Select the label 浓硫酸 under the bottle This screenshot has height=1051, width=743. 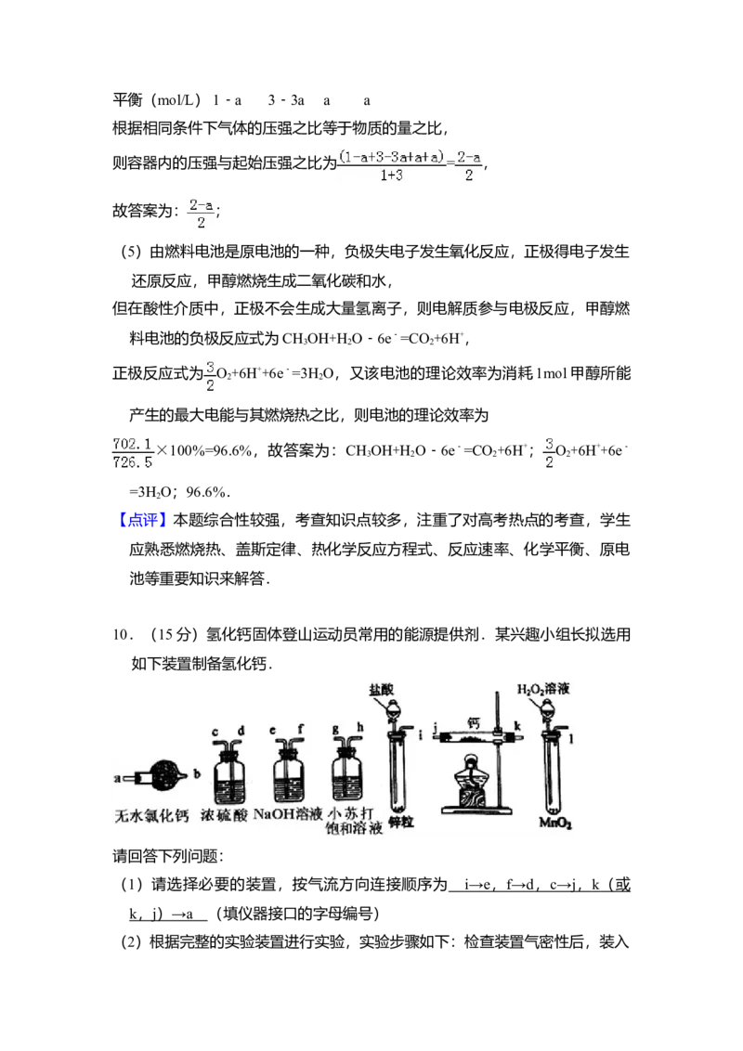(225, 817)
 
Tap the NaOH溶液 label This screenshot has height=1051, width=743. (288, 814)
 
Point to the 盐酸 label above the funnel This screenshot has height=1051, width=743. (382, 690)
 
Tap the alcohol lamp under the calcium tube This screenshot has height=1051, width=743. (473, 780)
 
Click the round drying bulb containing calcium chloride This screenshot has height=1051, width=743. (168, 774)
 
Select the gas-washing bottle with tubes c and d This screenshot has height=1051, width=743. (227, 778)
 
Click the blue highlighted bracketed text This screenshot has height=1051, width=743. (144, 518)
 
